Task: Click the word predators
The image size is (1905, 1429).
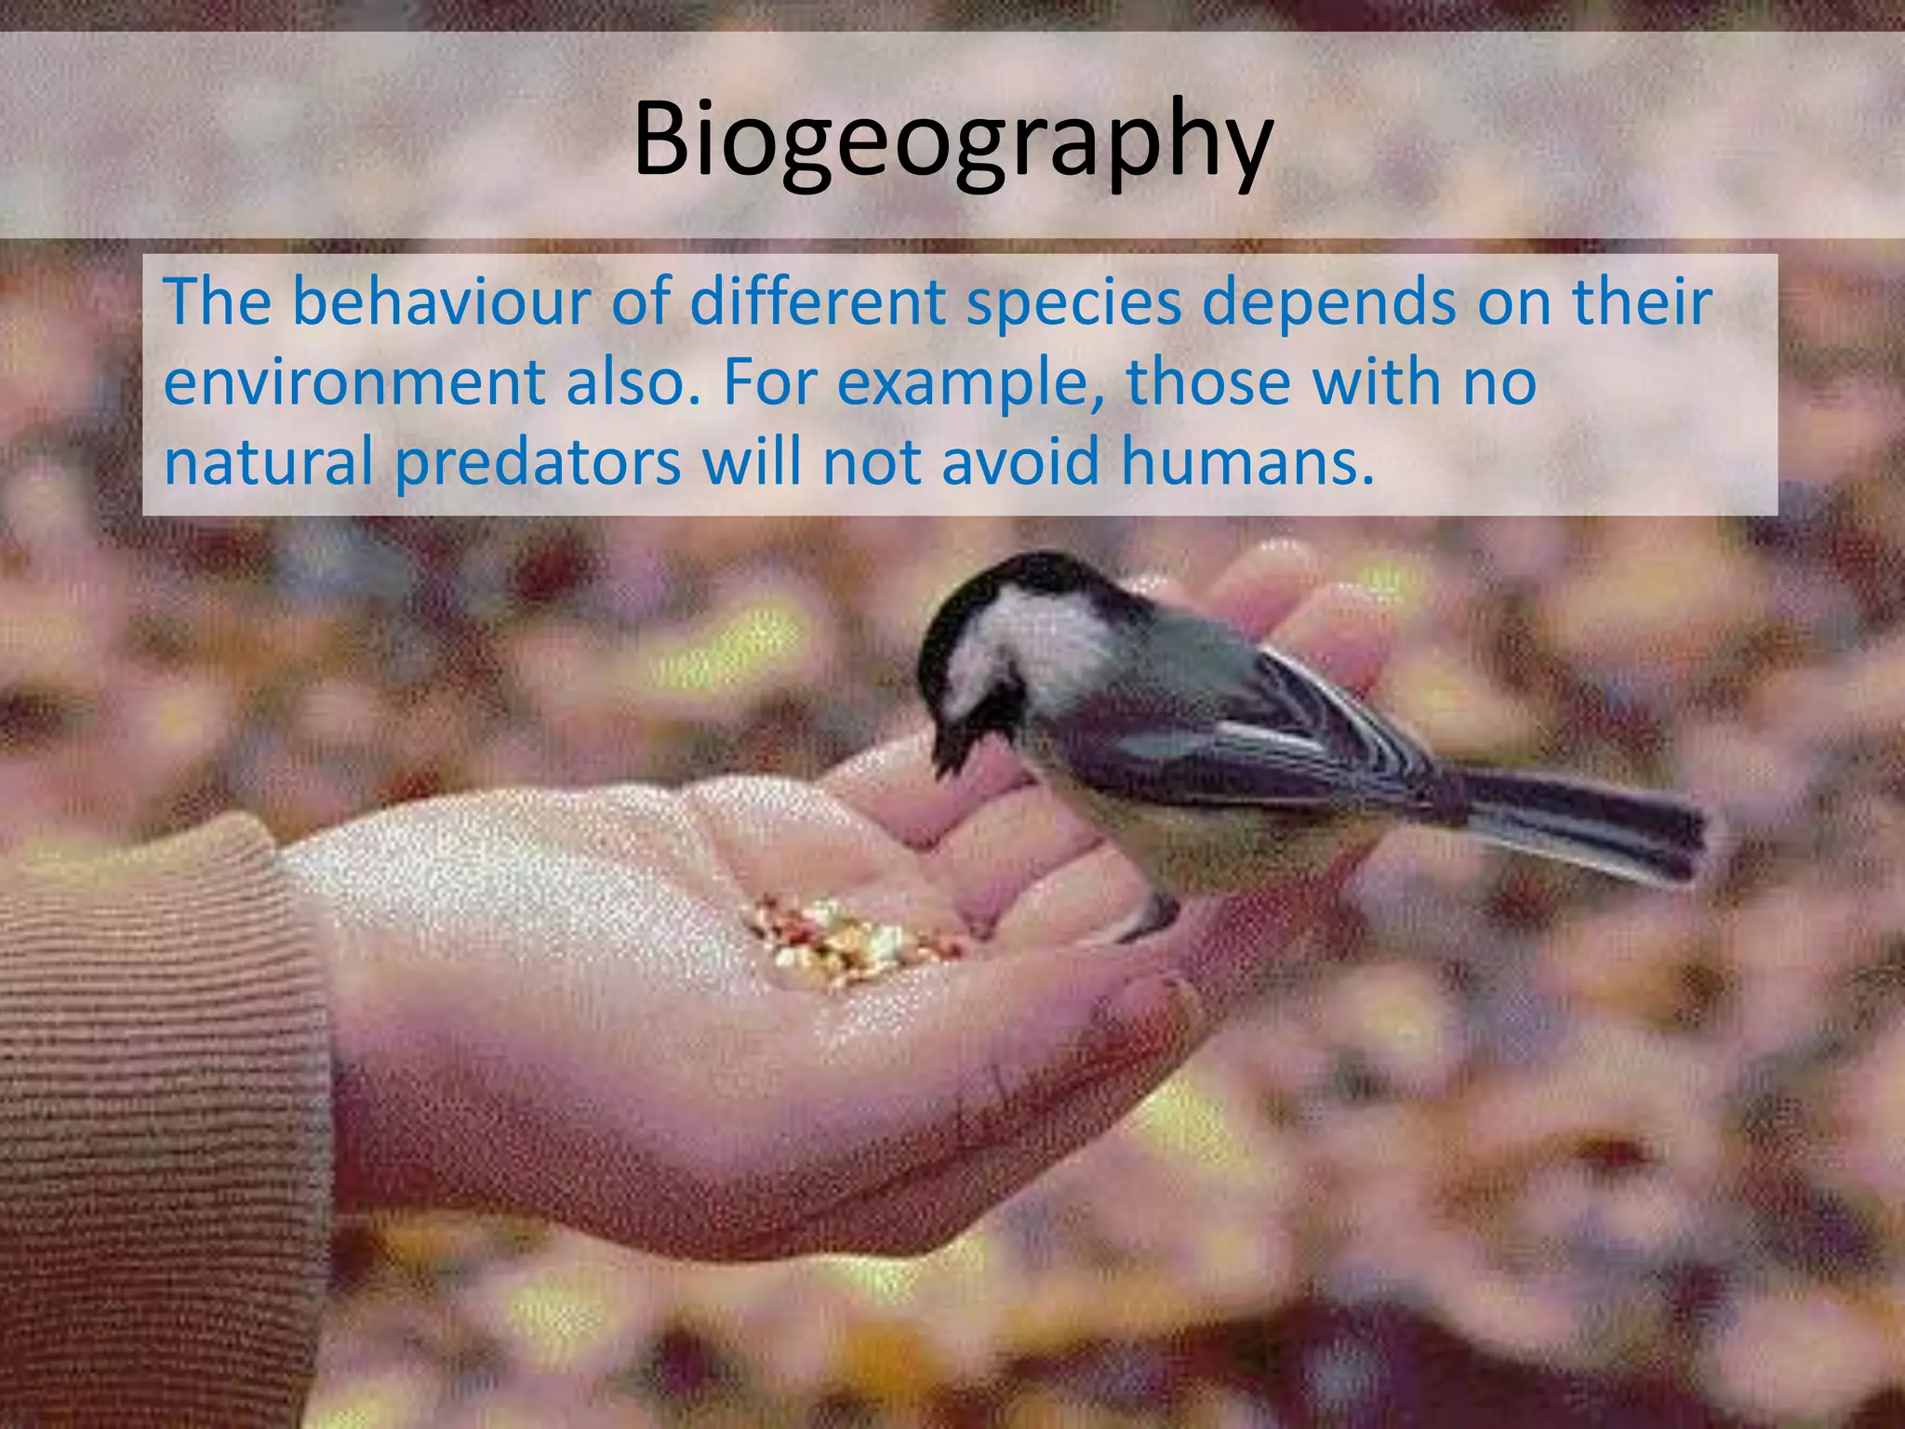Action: (538, 462)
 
